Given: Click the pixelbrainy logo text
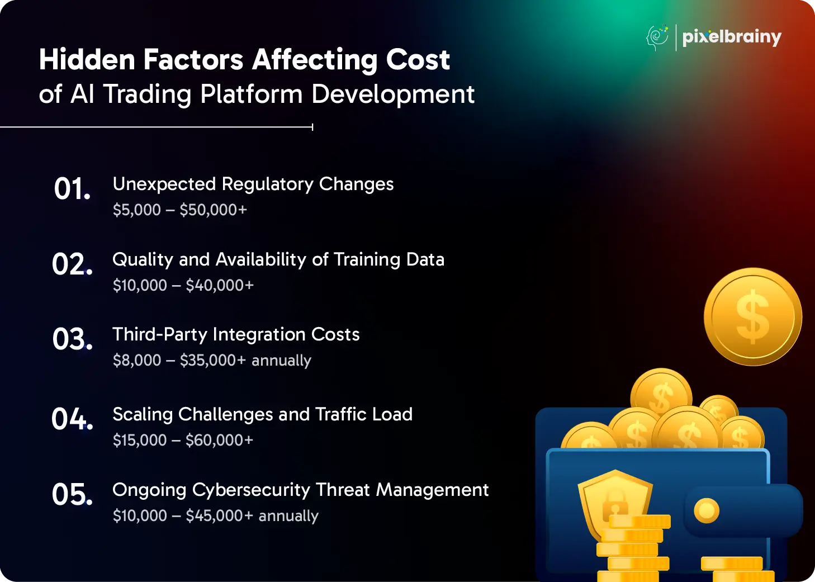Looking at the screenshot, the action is (732, 37).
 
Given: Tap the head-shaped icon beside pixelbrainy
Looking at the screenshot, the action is (657, 38).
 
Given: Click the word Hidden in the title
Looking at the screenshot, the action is (87, 59).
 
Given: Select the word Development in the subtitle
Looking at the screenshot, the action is (393, 94).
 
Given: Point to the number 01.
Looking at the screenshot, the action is (72, 188).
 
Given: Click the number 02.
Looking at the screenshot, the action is (72, 264).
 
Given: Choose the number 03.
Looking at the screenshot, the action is (72, 339).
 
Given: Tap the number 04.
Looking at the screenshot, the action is (72, 419).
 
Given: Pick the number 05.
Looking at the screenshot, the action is (72, 494).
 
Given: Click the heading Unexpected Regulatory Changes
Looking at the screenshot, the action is (253, 184).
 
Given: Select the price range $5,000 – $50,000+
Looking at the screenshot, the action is (180, 210).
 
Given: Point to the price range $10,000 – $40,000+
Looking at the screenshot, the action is (183, 285).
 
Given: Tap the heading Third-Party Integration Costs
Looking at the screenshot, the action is (236, 334).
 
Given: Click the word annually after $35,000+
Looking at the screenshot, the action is (281, 361).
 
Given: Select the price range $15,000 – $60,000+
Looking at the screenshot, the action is (183, 441).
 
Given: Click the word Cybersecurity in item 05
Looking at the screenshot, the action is (251, 490).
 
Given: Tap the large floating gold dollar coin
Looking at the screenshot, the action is (753, 316).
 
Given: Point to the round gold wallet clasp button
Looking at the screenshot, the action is (706, 510).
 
